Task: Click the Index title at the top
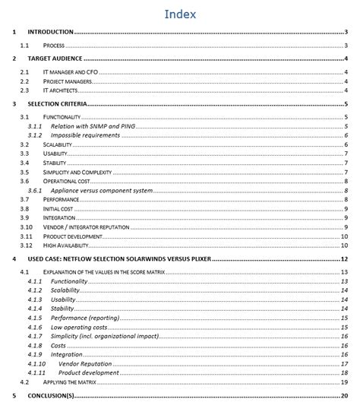point(180,14)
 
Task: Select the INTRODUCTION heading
point(50,32)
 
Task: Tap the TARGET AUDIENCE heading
point(55,59)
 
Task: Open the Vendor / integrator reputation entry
point(88,227)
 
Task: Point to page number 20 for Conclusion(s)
point(344,396)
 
